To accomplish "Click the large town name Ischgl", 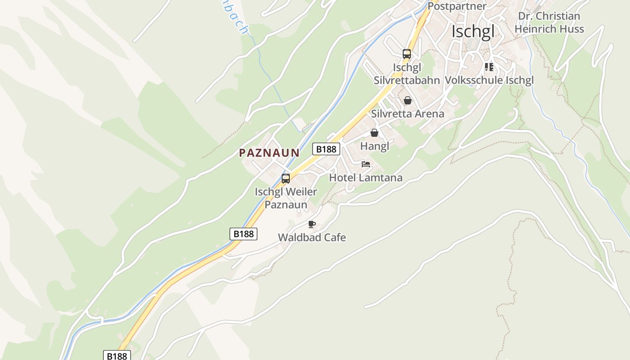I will coord(472,31).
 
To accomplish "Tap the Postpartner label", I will coord(457,6).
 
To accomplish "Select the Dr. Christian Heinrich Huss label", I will coord(549,22).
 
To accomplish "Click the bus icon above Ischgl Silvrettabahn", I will coord(407,54).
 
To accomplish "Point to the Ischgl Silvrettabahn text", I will coord(407,74).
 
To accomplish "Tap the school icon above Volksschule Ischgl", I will coord(489,67).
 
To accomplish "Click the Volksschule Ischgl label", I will coord(489,80).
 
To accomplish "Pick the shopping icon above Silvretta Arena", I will coord(408,100).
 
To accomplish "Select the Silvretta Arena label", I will coord(407,113).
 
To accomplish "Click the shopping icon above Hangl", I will coord(374,133).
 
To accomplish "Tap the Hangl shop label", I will coord(374,146).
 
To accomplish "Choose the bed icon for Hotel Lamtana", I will coord(366,164).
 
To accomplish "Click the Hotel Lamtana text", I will coord(365,177).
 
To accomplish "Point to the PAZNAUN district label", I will coord(269,153).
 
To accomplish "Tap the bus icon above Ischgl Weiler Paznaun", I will coord(286,178).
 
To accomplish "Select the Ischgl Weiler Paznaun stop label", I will coord(286,198).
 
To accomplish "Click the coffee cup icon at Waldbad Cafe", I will coord(312,224).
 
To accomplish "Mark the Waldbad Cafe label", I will coord(312,237).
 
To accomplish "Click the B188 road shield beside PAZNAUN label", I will coord(326,149).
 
